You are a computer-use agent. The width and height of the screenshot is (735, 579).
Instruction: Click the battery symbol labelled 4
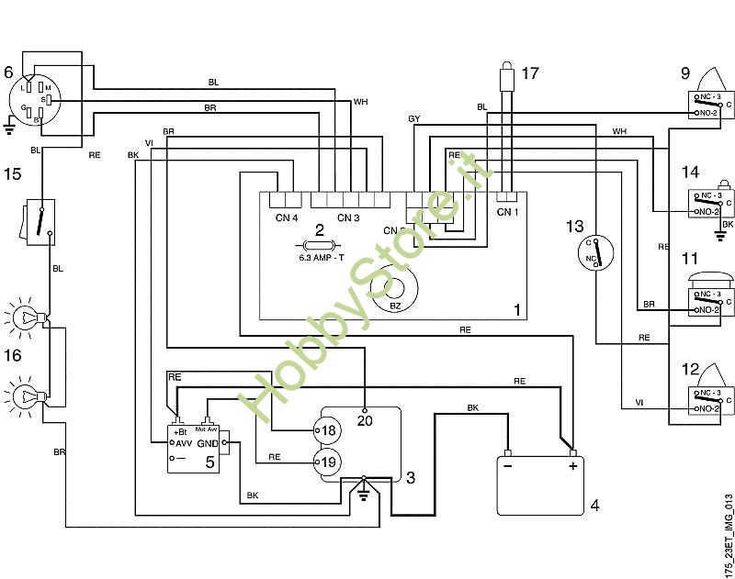(540, 484)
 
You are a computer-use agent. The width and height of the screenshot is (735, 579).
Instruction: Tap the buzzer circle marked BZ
(395, 290)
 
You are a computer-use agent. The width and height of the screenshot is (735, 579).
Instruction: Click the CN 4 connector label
(287, 217)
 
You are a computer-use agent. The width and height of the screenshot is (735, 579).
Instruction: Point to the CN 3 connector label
(348, 217)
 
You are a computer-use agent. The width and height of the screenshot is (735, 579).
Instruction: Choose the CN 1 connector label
(507, 212)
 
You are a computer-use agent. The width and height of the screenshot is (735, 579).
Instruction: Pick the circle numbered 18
(328, 429)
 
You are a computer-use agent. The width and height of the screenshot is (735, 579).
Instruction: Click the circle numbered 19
(328, 462)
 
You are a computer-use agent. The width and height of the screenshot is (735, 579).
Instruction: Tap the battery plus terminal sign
(571, 466)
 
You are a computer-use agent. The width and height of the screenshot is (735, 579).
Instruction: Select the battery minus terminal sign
(509, 466)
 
